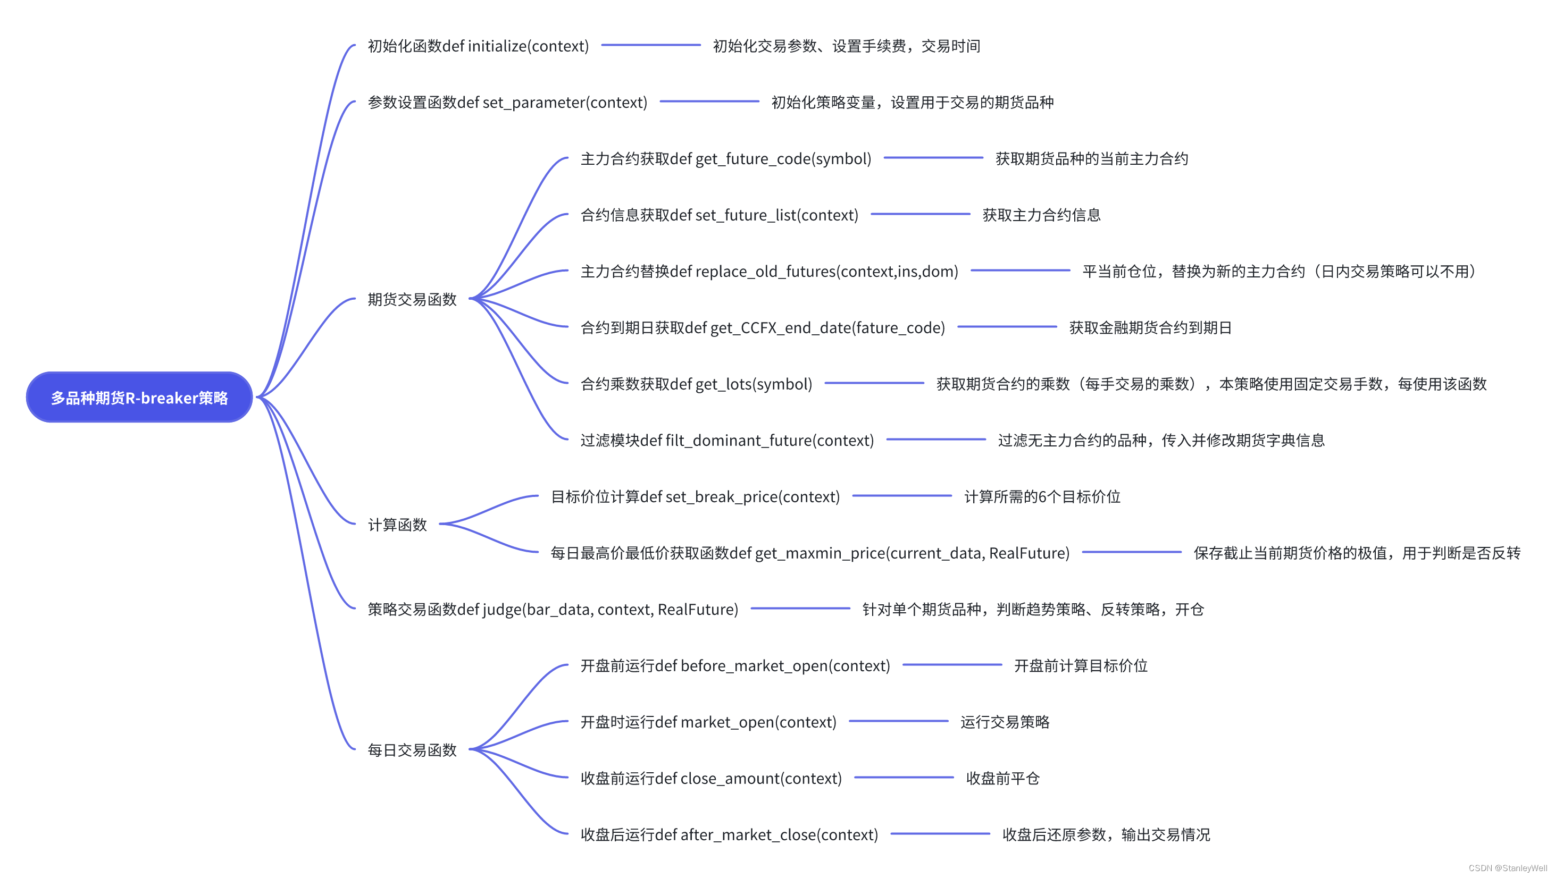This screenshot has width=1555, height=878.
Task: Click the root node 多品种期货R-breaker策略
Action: pyautogui.click(x=139, y=397)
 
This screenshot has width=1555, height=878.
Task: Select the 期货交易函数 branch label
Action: pyautogui.click(x=412, y=299)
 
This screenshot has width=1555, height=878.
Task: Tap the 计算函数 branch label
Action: pyautogui.click(x=397, y=525)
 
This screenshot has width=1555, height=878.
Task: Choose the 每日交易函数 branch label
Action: pyautogui.click(x=412, y=750)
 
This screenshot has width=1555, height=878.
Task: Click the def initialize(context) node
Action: pyautogui.click(x=478, y=46)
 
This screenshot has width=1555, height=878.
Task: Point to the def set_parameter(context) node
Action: pyautogui.click(x=507, y=103)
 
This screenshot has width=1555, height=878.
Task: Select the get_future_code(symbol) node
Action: pyautogui.click(x=725, y=159)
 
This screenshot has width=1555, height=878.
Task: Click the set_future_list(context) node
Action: pyautogui.click(x=719, y=215)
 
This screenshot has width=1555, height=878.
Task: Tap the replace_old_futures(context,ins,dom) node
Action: pyautogui.click(x=769, y=272)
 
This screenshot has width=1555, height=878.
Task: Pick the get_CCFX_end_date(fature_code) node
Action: pyautogui.click(x=763, y=328)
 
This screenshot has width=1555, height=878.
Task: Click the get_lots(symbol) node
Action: pyautogui.click(x=696, y=384)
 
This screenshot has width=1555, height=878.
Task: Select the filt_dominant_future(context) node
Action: pyautogui.click(x=727, y=441)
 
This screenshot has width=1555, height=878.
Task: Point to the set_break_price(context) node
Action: pyautogui.click(x=695, y=496)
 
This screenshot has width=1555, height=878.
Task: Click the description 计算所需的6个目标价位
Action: pyautogui.click(x=1042, y=496)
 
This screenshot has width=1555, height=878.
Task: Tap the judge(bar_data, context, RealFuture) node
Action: pyautogui.click(x=553, y=610)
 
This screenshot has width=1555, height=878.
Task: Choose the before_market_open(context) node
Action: pyautogui.click(x=734, y=665)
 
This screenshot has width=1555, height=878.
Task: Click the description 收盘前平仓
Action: pyautogui.click(x=1002, y=779)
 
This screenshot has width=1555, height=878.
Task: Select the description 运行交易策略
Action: pyautogui.click(x=1005, y=722)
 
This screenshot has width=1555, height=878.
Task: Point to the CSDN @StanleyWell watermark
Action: pyautogui.click(x=1507, y=868)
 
